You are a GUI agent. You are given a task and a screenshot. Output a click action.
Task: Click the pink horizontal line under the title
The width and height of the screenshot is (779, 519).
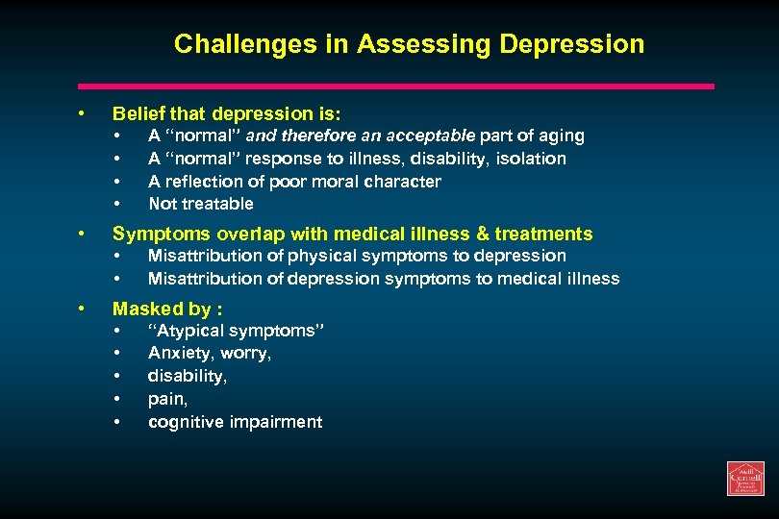click(x=395, y=86)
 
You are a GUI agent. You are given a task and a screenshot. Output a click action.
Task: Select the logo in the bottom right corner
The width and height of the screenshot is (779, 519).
click(x=745, y=479)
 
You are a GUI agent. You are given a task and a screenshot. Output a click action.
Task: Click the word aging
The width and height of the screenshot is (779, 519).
click(x=560, y=136)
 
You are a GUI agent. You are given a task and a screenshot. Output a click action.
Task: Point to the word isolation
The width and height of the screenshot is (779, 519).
click(x=532, y=159)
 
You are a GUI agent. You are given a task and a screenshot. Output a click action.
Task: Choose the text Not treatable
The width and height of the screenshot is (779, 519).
click(x=200, y=204)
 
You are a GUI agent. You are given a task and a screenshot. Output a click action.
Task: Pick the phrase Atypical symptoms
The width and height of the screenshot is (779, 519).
click(x=237, y=332)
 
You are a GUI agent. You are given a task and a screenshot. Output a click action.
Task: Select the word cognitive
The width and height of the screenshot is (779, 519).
click(x=186, y=422)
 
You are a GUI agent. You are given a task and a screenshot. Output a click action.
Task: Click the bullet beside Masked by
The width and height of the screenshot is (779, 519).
click(x=84, y=309)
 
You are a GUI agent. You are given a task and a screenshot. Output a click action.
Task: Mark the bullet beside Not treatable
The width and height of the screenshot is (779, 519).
click(x=116, y=204)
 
